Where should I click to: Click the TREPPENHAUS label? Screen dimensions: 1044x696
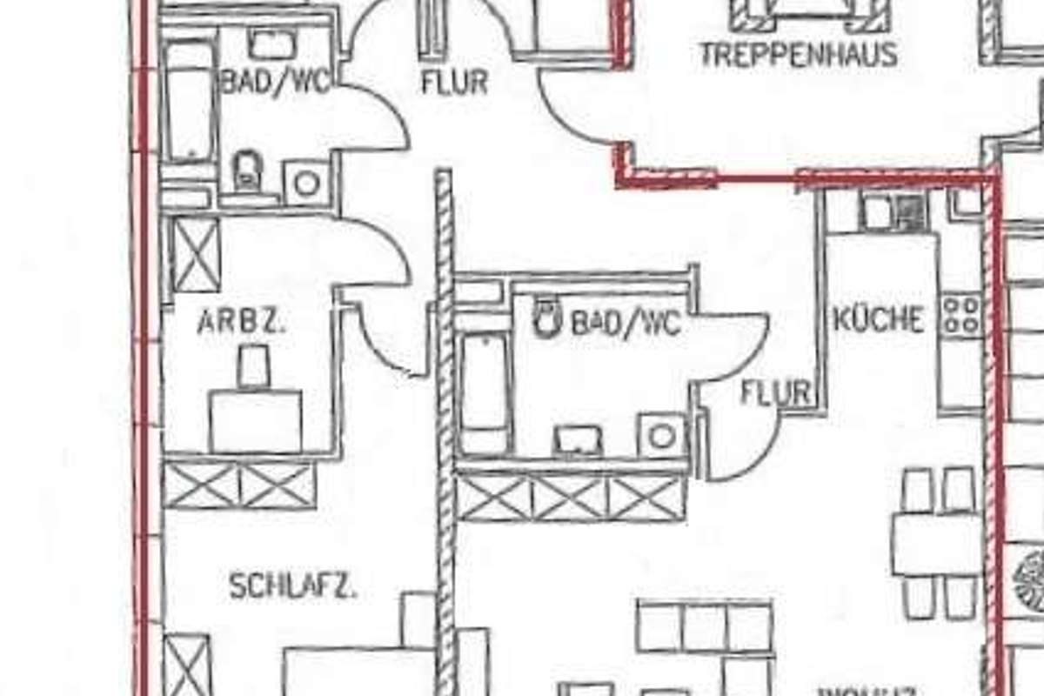(x=798, y=55)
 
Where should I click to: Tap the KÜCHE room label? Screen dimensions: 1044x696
(x=878, y=320)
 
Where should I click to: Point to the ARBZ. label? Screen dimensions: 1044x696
(x=242, y=323)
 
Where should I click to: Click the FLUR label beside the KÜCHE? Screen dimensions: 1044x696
(x=775, y=393)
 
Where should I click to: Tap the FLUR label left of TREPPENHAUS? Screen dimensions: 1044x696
(x=453, y=83)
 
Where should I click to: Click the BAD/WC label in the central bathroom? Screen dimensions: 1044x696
(x=625, y=324)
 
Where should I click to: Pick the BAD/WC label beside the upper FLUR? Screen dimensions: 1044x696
(x=275, y=83)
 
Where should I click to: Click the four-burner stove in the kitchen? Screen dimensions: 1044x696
(x=961, y=315)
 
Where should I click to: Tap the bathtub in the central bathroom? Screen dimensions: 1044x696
(x=484, y=391)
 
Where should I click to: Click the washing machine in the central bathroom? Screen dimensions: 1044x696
(x=661, y=435)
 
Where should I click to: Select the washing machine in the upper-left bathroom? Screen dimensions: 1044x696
(x=306, y=183)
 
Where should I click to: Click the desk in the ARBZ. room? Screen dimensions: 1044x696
(x=256, y=421)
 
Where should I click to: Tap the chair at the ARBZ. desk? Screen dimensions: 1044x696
(x=254, y=365)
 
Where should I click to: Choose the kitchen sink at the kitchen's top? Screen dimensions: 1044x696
(x=895, y=212)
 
